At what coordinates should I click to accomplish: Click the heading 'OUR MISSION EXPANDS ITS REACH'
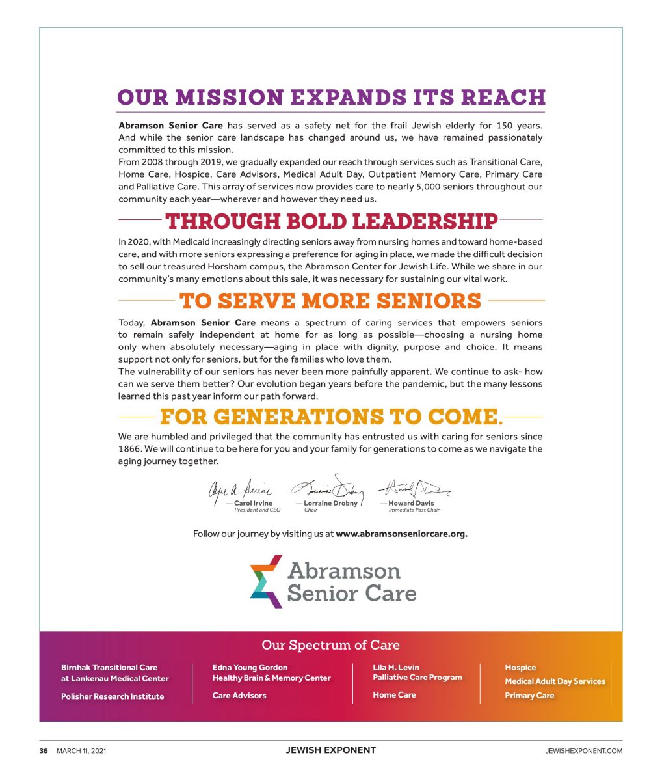(331, 98)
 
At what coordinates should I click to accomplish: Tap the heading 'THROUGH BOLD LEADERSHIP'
(332, 221)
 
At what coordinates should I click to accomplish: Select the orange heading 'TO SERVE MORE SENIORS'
(330, 301)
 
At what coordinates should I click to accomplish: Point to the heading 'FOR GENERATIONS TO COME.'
(331, 417)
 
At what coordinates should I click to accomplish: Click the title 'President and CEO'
(258, 510)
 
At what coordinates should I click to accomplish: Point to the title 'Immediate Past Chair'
(414, 510)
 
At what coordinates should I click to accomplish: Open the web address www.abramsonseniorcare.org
(401, 534)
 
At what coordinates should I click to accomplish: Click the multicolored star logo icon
(267, 581)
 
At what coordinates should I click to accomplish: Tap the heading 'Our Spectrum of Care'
(330, 645)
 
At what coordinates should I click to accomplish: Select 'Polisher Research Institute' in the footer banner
(113, 696)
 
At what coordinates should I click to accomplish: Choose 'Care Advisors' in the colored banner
(239, 696)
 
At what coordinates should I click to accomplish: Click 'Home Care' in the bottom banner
(394, 695)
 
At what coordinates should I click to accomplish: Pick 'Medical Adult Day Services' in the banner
(555, 681)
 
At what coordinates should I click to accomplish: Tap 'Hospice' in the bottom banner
(520, 667)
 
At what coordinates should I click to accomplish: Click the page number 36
(44, 750)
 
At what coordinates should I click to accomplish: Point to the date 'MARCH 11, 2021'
(81, 750)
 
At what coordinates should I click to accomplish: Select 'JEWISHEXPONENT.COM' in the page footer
(584, 750)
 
